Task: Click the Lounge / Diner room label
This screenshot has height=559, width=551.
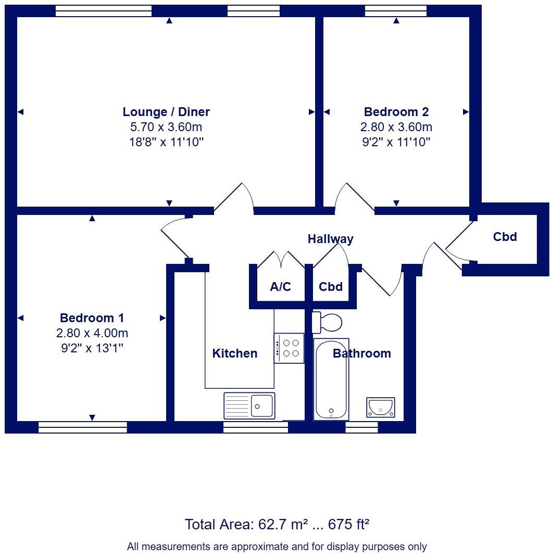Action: coord(166,111)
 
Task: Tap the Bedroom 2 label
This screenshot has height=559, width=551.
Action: coord(396,111)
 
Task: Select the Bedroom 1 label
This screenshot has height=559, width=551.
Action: coord(92,317)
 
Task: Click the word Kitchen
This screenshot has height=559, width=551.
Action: coord(234,353)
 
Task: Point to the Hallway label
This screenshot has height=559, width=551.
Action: coord(330,239)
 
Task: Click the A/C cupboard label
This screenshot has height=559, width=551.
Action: coord(280,286)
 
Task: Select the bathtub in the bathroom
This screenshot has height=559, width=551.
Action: coord(331,380)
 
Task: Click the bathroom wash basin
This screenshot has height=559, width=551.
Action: coord(381,407)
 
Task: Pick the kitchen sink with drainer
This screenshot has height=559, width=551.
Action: coord(249,405)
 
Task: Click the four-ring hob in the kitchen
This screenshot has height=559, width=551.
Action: coord(289,348)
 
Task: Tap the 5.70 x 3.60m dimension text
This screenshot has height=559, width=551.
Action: coord(166,127)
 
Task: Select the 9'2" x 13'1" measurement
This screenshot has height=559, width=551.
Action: coord(92,348)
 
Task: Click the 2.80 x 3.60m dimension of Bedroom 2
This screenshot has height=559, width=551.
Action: coord(396,127)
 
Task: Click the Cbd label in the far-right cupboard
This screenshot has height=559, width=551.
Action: coord(505,237)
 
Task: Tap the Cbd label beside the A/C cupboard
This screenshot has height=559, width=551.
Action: coord(331,286)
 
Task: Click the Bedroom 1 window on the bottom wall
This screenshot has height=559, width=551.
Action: coord(83,427)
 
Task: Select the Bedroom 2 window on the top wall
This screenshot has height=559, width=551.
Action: coord(396,10)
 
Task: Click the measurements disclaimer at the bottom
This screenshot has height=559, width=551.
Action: coord(277,547)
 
